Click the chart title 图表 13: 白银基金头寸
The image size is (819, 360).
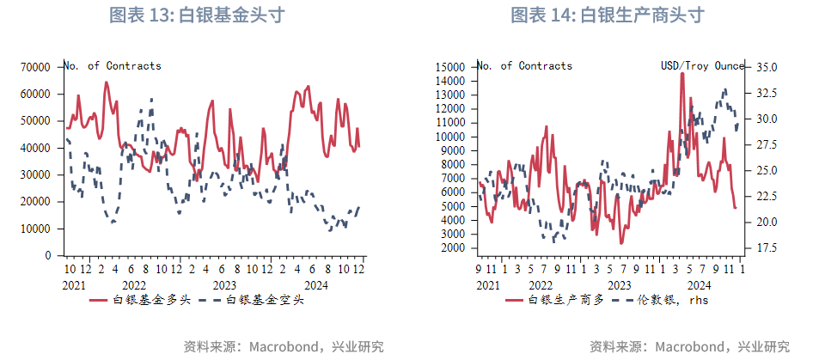(198, 15)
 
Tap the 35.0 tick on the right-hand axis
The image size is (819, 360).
(767, 66)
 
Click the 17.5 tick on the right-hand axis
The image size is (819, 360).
(767, 247)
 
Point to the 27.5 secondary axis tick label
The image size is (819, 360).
(767, 144)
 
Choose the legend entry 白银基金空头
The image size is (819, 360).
(255, 300)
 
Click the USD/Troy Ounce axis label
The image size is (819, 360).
(701, 66)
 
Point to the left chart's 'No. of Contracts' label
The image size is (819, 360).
(113, 66)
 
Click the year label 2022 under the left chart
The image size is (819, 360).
(133, 284)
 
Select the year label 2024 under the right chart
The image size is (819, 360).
(698, 284)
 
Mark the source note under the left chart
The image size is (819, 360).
(284, 346)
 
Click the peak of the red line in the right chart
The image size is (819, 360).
(681, 74)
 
